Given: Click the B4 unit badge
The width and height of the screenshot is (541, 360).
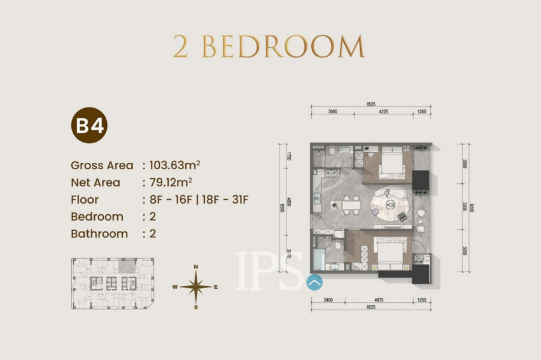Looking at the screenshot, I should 89,126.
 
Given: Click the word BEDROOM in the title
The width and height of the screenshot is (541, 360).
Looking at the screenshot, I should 284,48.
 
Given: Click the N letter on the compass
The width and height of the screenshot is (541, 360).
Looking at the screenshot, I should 196,267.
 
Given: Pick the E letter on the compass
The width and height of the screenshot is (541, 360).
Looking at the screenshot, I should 216,287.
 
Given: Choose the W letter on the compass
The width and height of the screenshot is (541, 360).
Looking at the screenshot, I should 174,287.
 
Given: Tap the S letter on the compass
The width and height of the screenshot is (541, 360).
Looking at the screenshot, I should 196,308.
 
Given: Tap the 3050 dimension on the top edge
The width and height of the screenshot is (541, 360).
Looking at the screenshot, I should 332,111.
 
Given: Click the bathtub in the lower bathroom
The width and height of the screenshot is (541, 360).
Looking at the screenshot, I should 318,260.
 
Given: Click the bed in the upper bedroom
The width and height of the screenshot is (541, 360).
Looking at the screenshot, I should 390,166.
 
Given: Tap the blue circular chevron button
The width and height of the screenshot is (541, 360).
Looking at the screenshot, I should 314,281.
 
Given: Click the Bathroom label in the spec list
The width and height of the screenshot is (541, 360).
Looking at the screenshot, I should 99,233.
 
